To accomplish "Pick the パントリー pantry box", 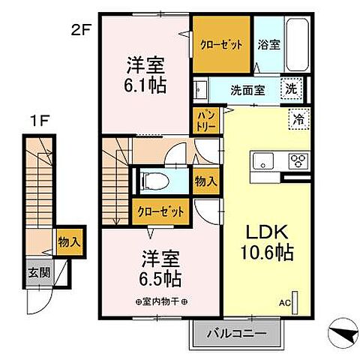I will [x=206, y=121].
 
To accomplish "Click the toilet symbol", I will [x=154, y=181].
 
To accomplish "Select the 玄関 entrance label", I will [x=40, y=272].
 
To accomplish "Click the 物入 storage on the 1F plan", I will [x=69, y=242].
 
